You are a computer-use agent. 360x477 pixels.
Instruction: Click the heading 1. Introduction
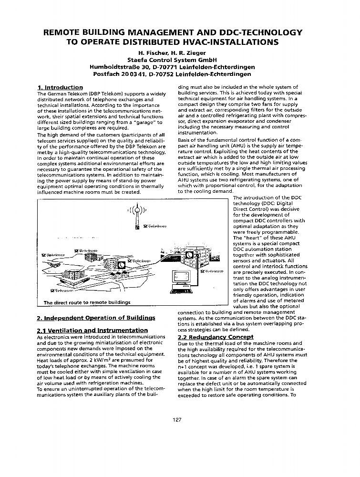tap(60, 87)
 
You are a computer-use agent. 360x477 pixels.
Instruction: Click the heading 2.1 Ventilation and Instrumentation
tap(92, 330)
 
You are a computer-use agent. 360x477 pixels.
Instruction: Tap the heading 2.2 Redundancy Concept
tap(215, 337)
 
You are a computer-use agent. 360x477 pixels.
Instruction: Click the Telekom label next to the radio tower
tap(154, 226)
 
